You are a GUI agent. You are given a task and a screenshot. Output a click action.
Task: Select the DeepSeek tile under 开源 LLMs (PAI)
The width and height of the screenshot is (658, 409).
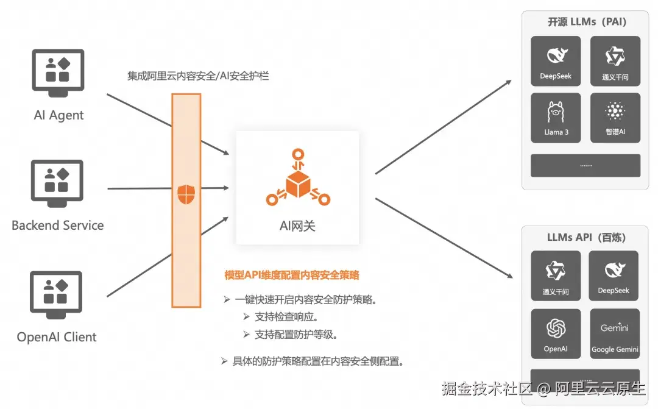(x=556, y=62)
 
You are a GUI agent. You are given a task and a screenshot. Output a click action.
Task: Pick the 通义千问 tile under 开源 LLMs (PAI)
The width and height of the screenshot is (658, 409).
(x=615, y=62)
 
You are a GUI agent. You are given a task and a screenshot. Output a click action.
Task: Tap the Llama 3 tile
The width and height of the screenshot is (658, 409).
(x=556, y=118)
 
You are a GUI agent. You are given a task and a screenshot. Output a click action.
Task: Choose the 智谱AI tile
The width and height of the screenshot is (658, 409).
(x=615, y=118)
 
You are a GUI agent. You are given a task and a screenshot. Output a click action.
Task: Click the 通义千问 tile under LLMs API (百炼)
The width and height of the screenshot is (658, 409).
(x=556, y=276)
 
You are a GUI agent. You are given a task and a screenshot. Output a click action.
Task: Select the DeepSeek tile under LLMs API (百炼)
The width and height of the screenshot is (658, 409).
(x=614, y=276)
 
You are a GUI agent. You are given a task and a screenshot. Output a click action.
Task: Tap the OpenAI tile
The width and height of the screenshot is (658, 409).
(x=556, y=333)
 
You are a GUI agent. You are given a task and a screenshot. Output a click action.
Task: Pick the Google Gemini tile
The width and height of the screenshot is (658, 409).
(x=615, y=333)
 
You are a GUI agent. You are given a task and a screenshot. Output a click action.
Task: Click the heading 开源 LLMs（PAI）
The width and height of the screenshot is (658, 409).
(x=587, y=22)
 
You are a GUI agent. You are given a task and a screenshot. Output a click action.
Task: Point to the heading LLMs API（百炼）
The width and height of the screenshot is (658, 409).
(x=586, y=237)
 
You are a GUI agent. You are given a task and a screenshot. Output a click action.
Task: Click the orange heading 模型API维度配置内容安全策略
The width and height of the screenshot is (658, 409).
(x=292, y=275)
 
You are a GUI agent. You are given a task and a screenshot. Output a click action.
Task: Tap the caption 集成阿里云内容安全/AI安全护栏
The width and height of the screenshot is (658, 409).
(x=198, y=76)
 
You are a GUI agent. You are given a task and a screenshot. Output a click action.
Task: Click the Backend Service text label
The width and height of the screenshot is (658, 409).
(x=58, y=226)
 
